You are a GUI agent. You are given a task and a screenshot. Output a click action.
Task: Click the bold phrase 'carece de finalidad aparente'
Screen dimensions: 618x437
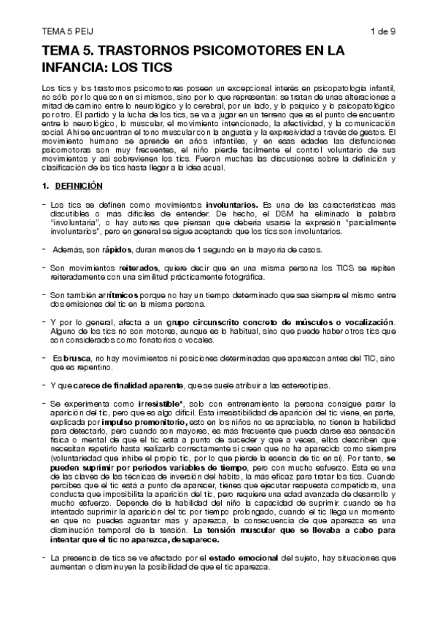122,384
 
